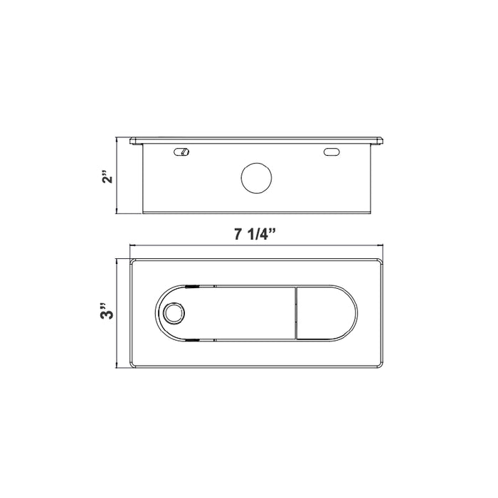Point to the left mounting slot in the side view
183,152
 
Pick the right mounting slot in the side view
331,152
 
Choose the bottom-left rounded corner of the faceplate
132,366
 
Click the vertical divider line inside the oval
295,313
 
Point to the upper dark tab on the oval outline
191,285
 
